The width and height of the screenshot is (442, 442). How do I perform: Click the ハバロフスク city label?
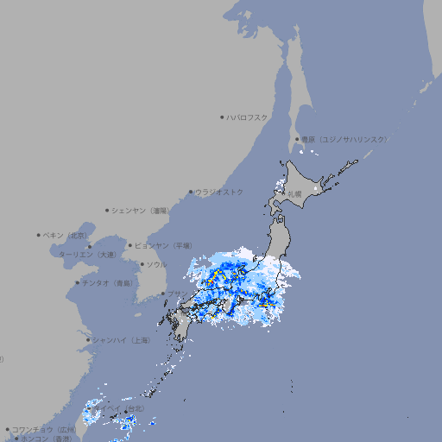(x=248, y=117)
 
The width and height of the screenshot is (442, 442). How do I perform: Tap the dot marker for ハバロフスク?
(x=223, y=117)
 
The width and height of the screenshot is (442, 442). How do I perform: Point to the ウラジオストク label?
(x=219, y=192)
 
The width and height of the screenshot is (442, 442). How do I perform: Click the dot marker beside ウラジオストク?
(x=192, y=192)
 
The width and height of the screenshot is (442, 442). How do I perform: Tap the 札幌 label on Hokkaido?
(x=294, y=194)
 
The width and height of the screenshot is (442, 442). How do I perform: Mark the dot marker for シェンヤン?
(x=108, y=210)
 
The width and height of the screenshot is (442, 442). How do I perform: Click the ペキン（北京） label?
(x=66, y=235)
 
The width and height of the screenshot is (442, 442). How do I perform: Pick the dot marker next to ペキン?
(x=40, y=235)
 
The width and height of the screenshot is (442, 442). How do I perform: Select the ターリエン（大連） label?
(x=86, y=255)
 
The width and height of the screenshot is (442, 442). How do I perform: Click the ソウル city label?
(x=156, y=264)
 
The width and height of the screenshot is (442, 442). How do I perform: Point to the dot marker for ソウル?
(x=140, y=264)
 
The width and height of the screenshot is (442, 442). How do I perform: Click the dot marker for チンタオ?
(x=78, y=282)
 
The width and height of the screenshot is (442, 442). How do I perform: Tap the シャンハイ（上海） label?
(x=122, y=340)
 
